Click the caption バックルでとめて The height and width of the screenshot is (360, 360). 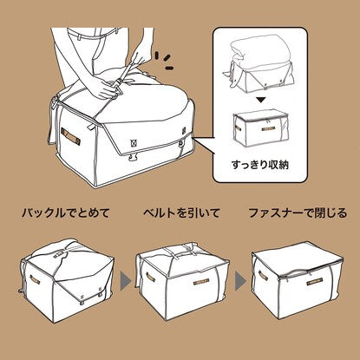pos(66,213)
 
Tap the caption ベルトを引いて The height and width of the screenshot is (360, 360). pos(181,213)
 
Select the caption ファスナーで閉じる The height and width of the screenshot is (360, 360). pos(298,213)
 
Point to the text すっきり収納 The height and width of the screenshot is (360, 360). pos(260,165)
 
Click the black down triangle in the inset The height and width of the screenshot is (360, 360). pos(261,100)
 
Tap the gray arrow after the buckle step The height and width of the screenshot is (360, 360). pos(126,280)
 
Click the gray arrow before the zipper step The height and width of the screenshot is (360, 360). pos(240,280)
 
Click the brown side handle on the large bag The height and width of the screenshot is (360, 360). pos(70,137)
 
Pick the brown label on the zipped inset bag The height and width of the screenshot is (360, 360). pos(268,128)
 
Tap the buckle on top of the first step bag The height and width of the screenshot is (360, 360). pos(58,254)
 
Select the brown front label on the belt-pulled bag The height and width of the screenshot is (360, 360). pos(201,281)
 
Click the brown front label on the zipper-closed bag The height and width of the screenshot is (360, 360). pos(315,281)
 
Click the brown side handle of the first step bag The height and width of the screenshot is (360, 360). pos(35,279)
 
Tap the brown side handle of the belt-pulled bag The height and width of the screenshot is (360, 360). pos(150,277)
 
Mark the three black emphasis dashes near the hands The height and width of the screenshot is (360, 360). pos(164,61)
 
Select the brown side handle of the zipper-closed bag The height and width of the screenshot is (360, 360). pos(263,275)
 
